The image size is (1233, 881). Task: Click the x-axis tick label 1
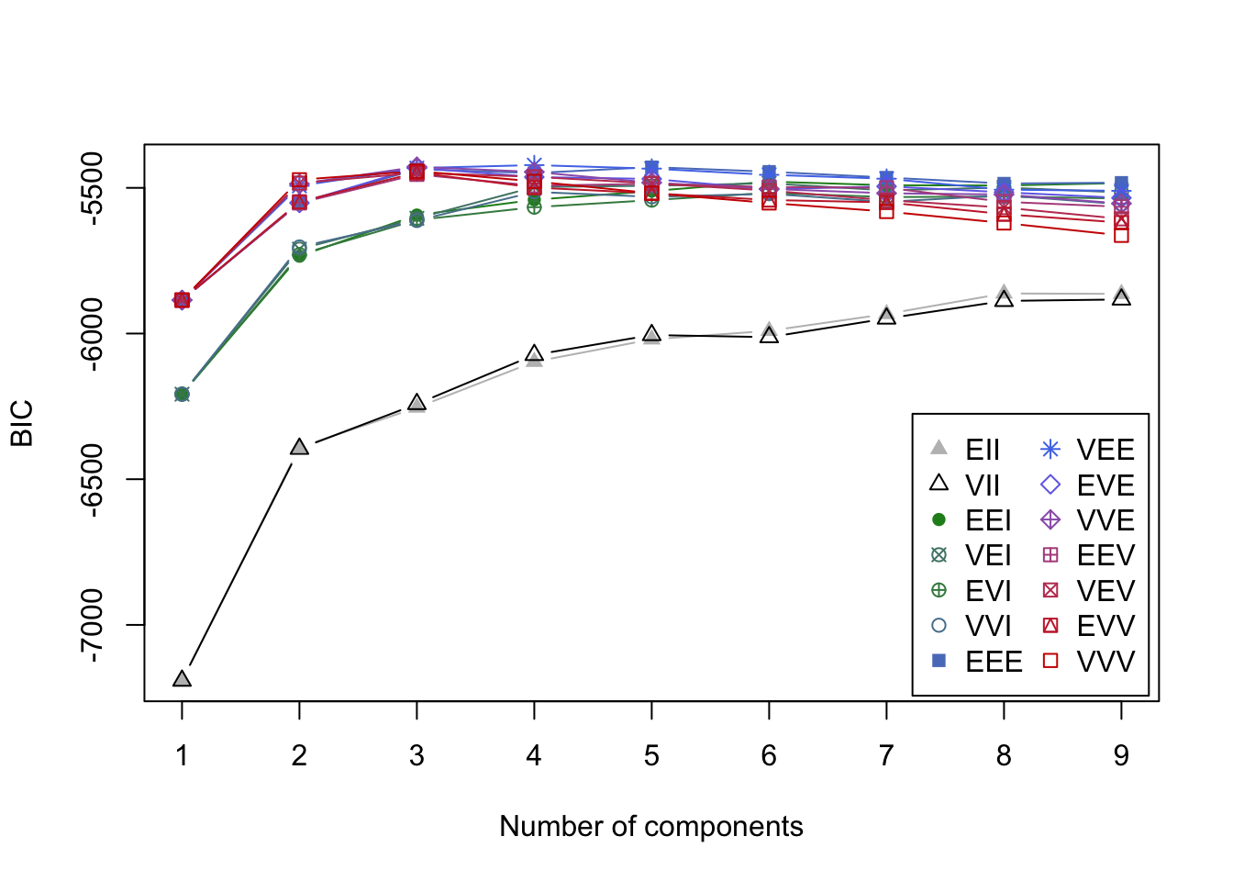click(182, 756)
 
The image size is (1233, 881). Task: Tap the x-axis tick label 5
click(651, 756)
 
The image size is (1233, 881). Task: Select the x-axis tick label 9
click(1121, 756)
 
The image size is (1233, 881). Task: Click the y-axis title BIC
click(22, 423)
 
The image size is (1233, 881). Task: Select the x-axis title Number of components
click(651, 827)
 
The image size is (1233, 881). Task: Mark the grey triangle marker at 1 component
click(182, 679)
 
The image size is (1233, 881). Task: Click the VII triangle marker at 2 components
click(299, 447)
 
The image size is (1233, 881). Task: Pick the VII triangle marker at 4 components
click(534, 353)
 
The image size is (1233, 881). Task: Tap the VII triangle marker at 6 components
click(769, 335)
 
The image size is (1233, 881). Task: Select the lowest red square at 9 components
click(1121, 235)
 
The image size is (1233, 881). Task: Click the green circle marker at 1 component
click(182, 395)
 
